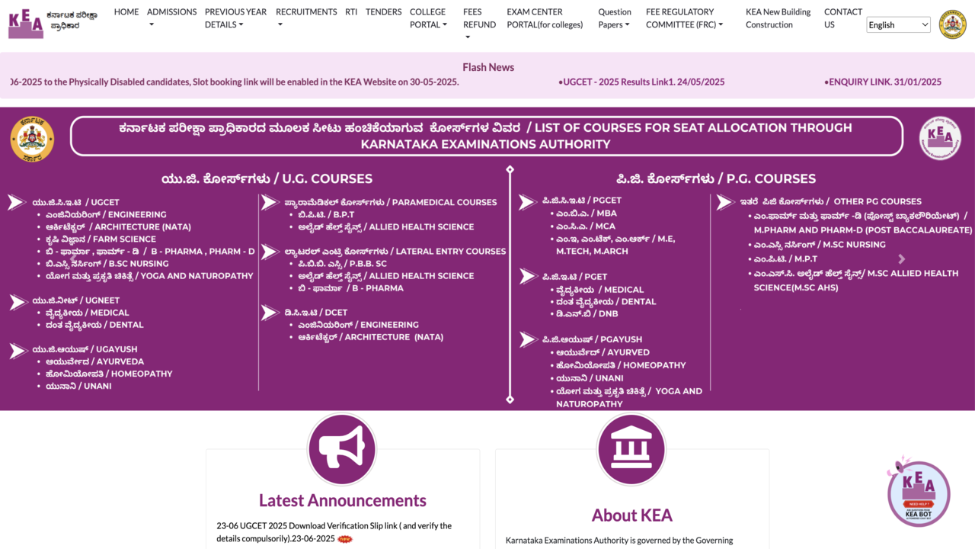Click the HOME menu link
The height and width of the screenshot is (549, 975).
pos(126,12)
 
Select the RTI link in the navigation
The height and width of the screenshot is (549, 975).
pos(351,12)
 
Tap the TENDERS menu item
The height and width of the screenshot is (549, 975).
pos(383,12)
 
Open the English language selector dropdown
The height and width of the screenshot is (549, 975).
pos(899,25)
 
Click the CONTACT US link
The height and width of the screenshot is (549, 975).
pos(842,18)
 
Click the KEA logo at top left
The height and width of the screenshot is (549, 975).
pos(26,24)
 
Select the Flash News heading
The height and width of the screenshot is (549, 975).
pos(488,67)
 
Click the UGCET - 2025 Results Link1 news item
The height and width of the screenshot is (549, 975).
pos(641,82)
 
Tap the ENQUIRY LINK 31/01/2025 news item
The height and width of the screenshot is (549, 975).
pos(883,82)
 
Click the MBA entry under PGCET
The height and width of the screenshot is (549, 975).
pos(586,213)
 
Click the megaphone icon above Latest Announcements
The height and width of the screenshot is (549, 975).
pos(342,450)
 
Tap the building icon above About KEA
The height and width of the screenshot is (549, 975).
pos(631,450)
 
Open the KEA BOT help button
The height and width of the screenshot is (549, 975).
pos(918,493)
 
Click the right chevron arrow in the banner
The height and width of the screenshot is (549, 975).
pos(902,259)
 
